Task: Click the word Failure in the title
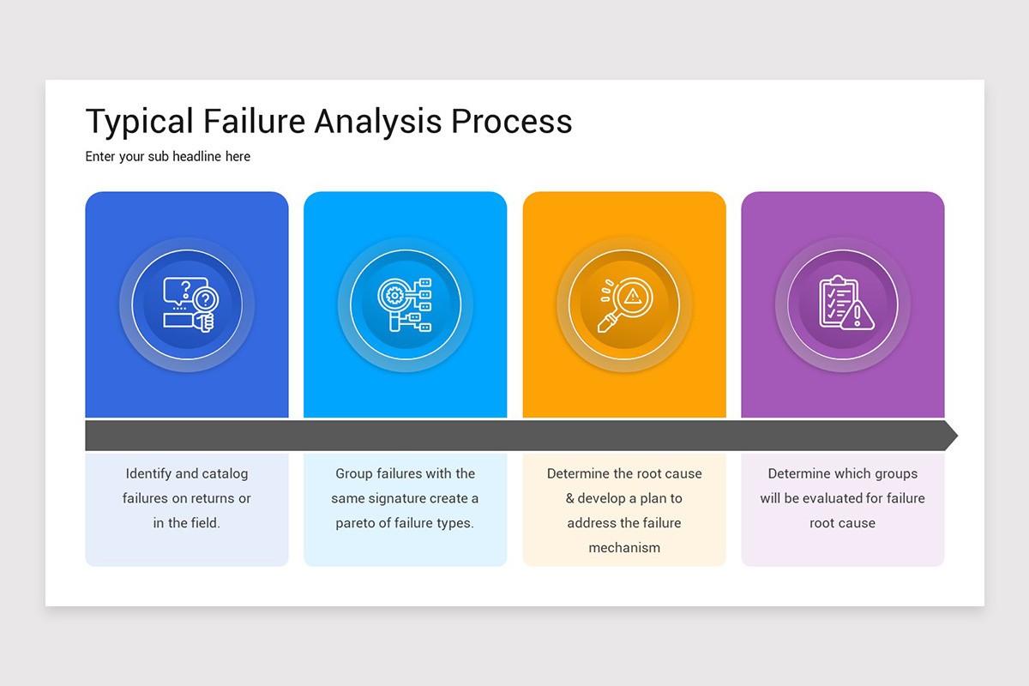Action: click(254, 122)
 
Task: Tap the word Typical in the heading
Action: click(139, 122)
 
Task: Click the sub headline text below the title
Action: click(168, 156)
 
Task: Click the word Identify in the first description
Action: click(148, 473)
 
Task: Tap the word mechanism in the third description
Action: click(624, 548)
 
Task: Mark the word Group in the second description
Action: click(354, 473)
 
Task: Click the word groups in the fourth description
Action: click(897, 473)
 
